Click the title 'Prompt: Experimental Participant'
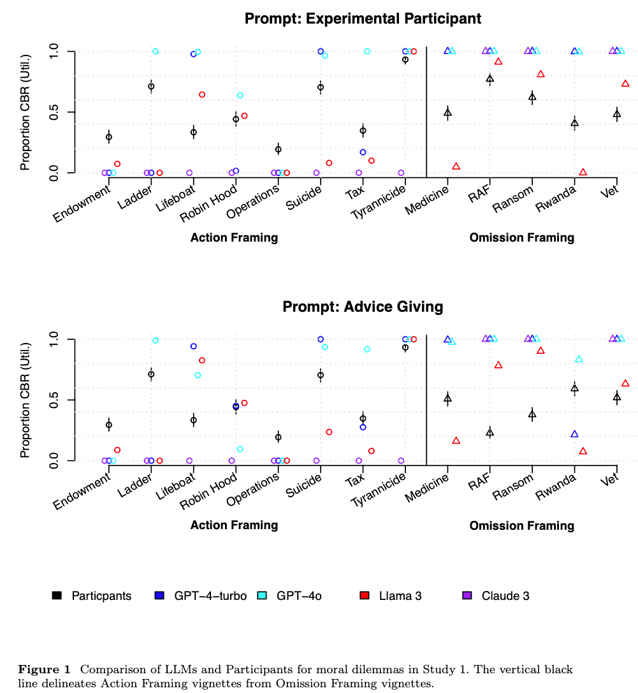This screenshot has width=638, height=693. click(x=363, y=18)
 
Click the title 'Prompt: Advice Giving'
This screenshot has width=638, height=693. click(x=363, y=307)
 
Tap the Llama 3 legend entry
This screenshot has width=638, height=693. click(x=391, y=596)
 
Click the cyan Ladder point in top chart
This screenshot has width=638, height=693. click(x=156, y=51)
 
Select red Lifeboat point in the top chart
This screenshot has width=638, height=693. click(x=202, y=94)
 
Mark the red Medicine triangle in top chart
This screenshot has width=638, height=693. click(x=456, y=166)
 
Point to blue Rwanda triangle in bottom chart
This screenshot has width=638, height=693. click(x=575, y=434)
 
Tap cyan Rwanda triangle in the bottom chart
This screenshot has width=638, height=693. click(x=579, y=359)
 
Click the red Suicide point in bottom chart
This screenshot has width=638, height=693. click(x=329, y=432)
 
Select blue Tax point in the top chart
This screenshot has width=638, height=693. click(x=363, y=152)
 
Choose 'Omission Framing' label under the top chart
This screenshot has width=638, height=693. click(x=521, y=238)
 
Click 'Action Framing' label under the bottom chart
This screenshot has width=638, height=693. click(x=234, y=525)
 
